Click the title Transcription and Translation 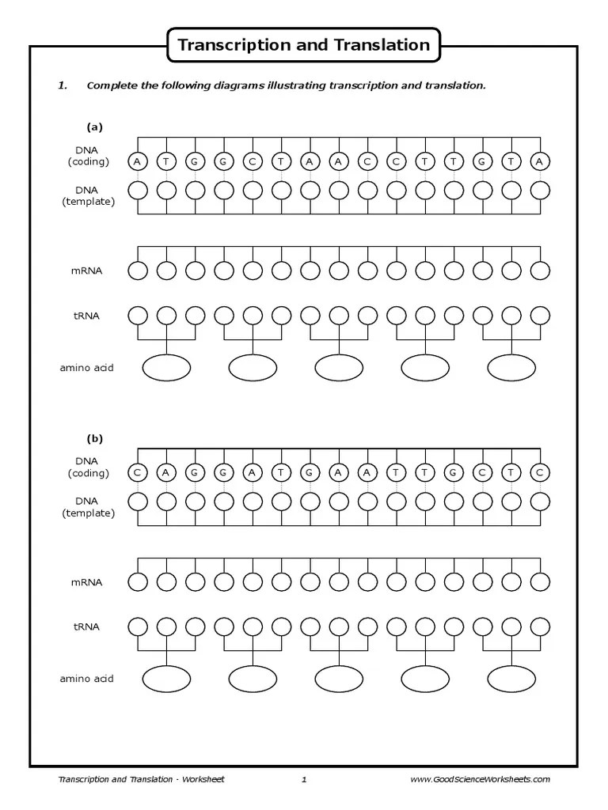coord(304,44)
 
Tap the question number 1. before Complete coord(63,85)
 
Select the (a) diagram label coord(95,127)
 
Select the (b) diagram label coord(95,438)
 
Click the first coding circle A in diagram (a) coord(138,161)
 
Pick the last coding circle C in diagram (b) coord(540,473)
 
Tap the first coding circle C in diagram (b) coord(138,473)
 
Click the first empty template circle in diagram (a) coord(138,191)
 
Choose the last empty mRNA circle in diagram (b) coord(540,582)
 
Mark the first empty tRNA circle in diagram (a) coord(138,315)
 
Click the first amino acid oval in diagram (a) coord(166,367)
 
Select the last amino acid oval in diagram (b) coord(511,679)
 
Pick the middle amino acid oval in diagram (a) coord(339,367)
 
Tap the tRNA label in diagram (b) coord(87,626)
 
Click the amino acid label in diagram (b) coord(86,679)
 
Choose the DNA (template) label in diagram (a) coord(89,195)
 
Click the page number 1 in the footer coord(304,779)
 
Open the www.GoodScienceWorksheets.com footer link coord(480,779)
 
